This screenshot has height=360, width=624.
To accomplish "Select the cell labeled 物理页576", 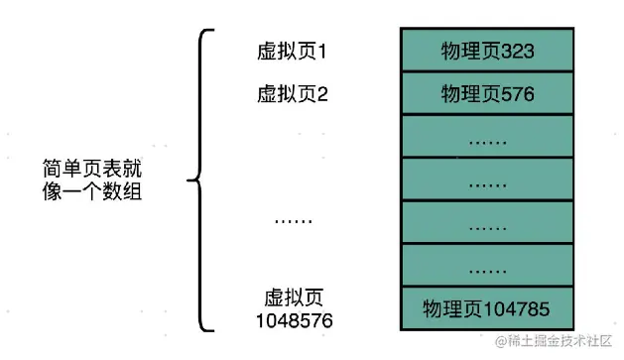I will coord(487,95).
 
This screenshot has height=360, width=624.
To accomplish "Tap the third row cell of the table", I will coord(487,138).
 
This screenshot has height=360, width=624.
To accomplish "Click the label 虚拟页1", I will coord(292,50).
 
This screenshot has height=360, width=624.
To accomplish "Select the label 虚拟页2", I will coord(292,95).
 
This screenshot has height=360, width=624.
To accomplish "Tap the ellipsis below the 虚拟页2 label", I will coord(293,220).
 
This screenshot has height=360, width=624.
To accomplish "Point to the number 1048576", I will coord(293,320).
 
